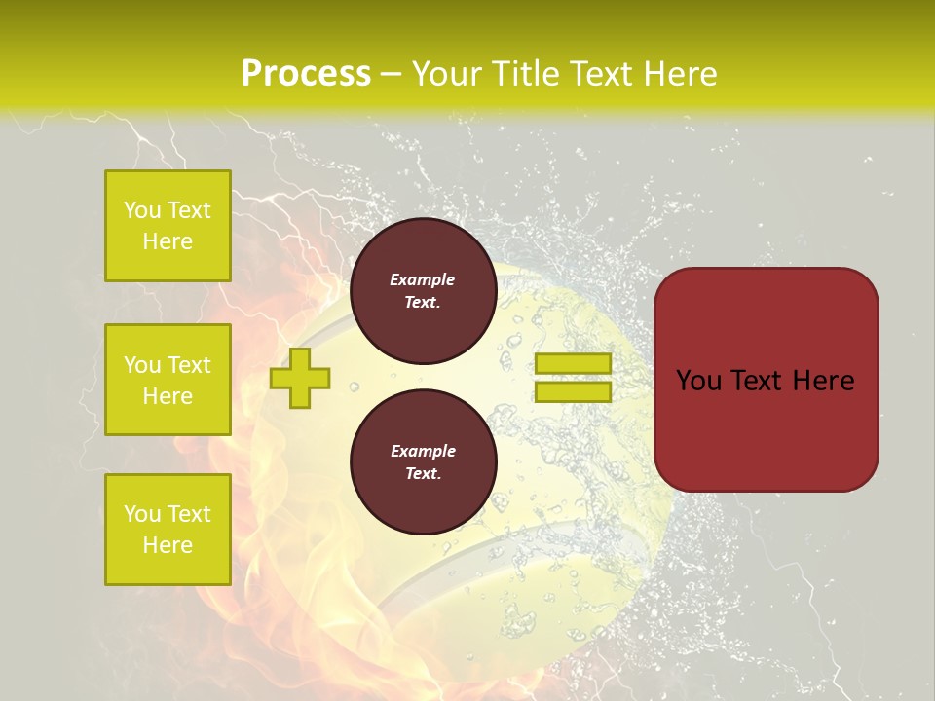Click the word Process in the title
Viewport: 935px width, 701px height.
tap(306, 74)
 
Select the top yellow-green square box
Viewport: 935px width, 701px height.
tap(168, 226)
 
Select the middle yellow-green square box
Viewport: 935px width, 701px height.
tap(168, 380)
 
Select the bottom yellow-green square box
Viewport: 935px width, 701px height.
tap(168, 530)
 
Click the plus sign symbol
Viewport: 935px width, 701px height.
tap(300, 378)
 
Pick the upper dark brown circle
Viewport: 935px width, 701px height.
tap(423, 290)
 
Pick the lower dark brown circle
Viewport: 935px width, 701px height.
tap(423, 461)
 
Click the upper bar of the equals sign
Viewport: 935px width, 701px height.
tap(573, 364)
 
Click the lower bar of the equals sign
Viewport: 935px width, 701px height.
tap(573, 391)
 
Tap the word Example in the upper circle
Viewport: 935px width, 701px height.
tap(423, 279)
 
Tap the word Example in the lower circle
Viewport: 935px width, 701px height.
tap(423, 451)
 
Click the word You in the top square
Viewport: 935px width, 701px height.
tap(142, 210)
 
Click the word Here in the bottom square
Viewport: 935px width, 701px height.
tap(168, 545)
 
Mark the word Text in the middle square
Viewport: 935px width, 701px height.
tap(189, 365)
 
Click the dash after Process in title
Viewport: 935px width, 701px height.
tap(391, 74)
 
